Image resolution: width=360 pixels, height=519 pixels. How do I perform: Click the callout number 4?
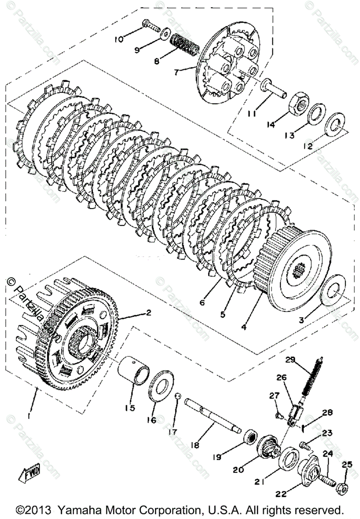pos(244,327)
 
